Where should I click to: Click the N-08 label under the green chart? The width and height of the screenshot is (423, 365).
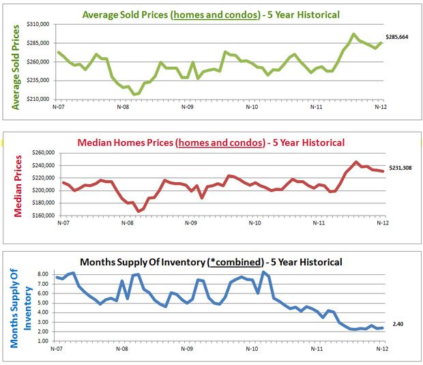pyautogui.click(x=123, y=106)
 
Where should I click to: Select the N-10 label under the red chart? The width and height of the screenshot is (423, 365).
pyautogui.click(x=254, y=223)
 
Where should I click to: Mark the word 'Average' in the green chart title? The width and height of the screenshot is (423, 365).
pyautogui.click(x=102, y=14)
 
